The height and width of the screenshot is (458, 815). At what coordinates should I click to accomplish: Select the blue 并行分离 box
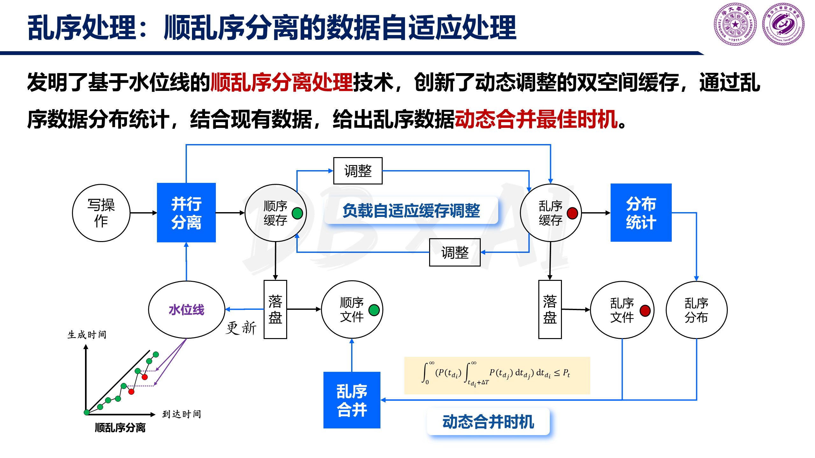point(186,212)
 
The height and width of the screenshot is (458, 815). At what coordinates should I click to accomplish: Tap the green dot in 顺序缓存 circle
point(297,213)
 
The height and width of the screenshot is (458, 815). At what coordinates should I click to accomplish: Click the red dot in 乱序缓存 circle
point(572,213)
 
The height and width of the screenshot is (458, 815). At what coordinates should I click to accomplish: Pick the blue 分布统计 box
point(641,212)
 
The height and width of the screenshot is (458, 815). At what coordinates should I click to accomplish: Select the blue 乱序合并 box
point(352,400)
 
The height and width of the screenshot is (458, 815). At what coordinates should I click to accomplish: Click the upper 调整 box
point(358,171)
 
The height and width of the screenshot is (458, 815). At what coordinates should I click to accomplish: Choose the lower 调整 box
point(455,252)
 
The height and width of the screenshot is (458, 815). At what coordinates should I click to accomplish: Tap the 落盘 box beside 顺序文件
point(275,309)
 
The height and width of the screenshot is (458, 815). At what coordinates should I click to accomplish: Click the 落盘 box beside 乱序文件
point(550,309)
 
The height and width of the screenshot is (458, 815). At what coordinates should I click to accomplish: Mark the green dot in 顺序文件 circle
point(374,310)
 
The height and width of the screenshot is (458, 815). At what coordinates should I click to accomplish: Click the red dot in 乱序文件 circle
point(645,310)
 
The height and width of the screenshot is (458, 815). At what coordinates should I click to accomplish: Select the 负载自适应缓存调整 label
point(411,211)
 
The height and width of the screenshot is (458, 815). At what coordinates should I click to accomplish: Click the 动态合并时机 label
point(488,422)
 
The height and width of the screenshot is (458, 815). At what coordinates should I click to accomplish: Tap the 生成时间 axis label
point(87,335)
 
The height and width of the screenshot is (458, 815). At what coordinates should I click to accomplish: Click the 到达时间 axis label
point(182,414)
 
